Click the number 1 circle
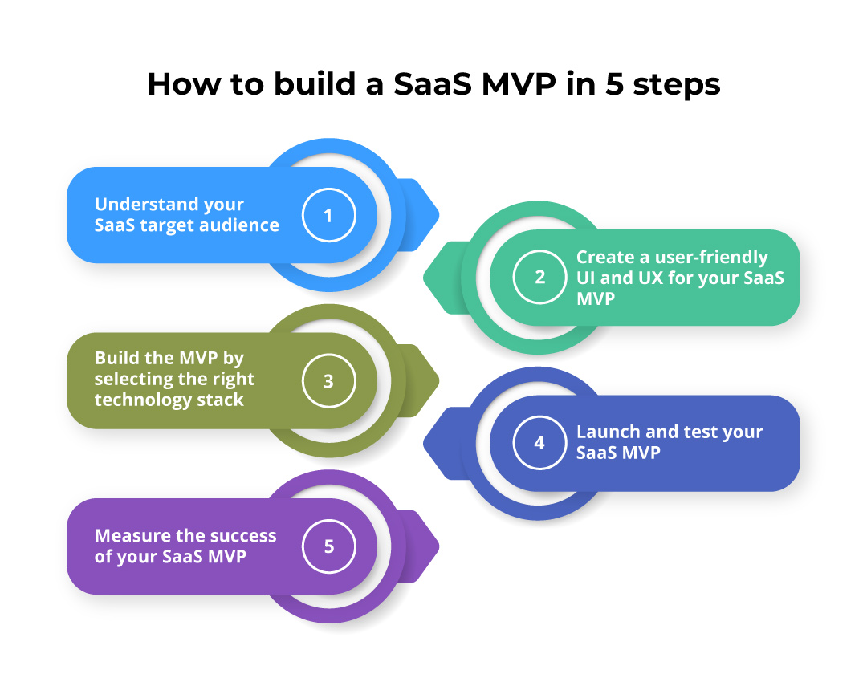[328, 215]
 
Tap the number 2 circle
[539, 277]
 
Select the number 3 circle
[328, 381]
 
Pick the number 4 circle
[539, 443]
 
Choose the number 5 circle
[328, 546]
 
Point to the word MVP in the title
[519, 84]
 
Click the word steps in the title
[676, 84]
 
